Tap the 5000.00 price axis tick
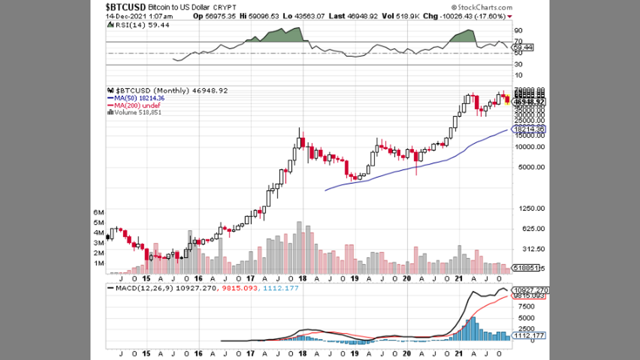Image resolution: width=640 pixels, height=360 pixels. tap(531, 167)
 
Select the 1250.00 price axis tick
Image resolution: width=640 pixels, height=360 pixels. tap(531, 208)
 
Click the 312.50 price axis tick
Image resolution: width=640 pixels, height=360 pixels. tap(531, 249)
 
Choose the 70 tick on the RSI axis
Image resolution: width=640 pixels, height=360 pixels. tap(518, 41)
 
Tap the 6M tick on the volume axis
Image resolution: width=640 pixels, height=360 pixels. tap(98, 212)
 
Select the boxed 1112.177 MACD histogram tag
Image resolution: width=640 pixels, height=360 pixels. tap(530, 335)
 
